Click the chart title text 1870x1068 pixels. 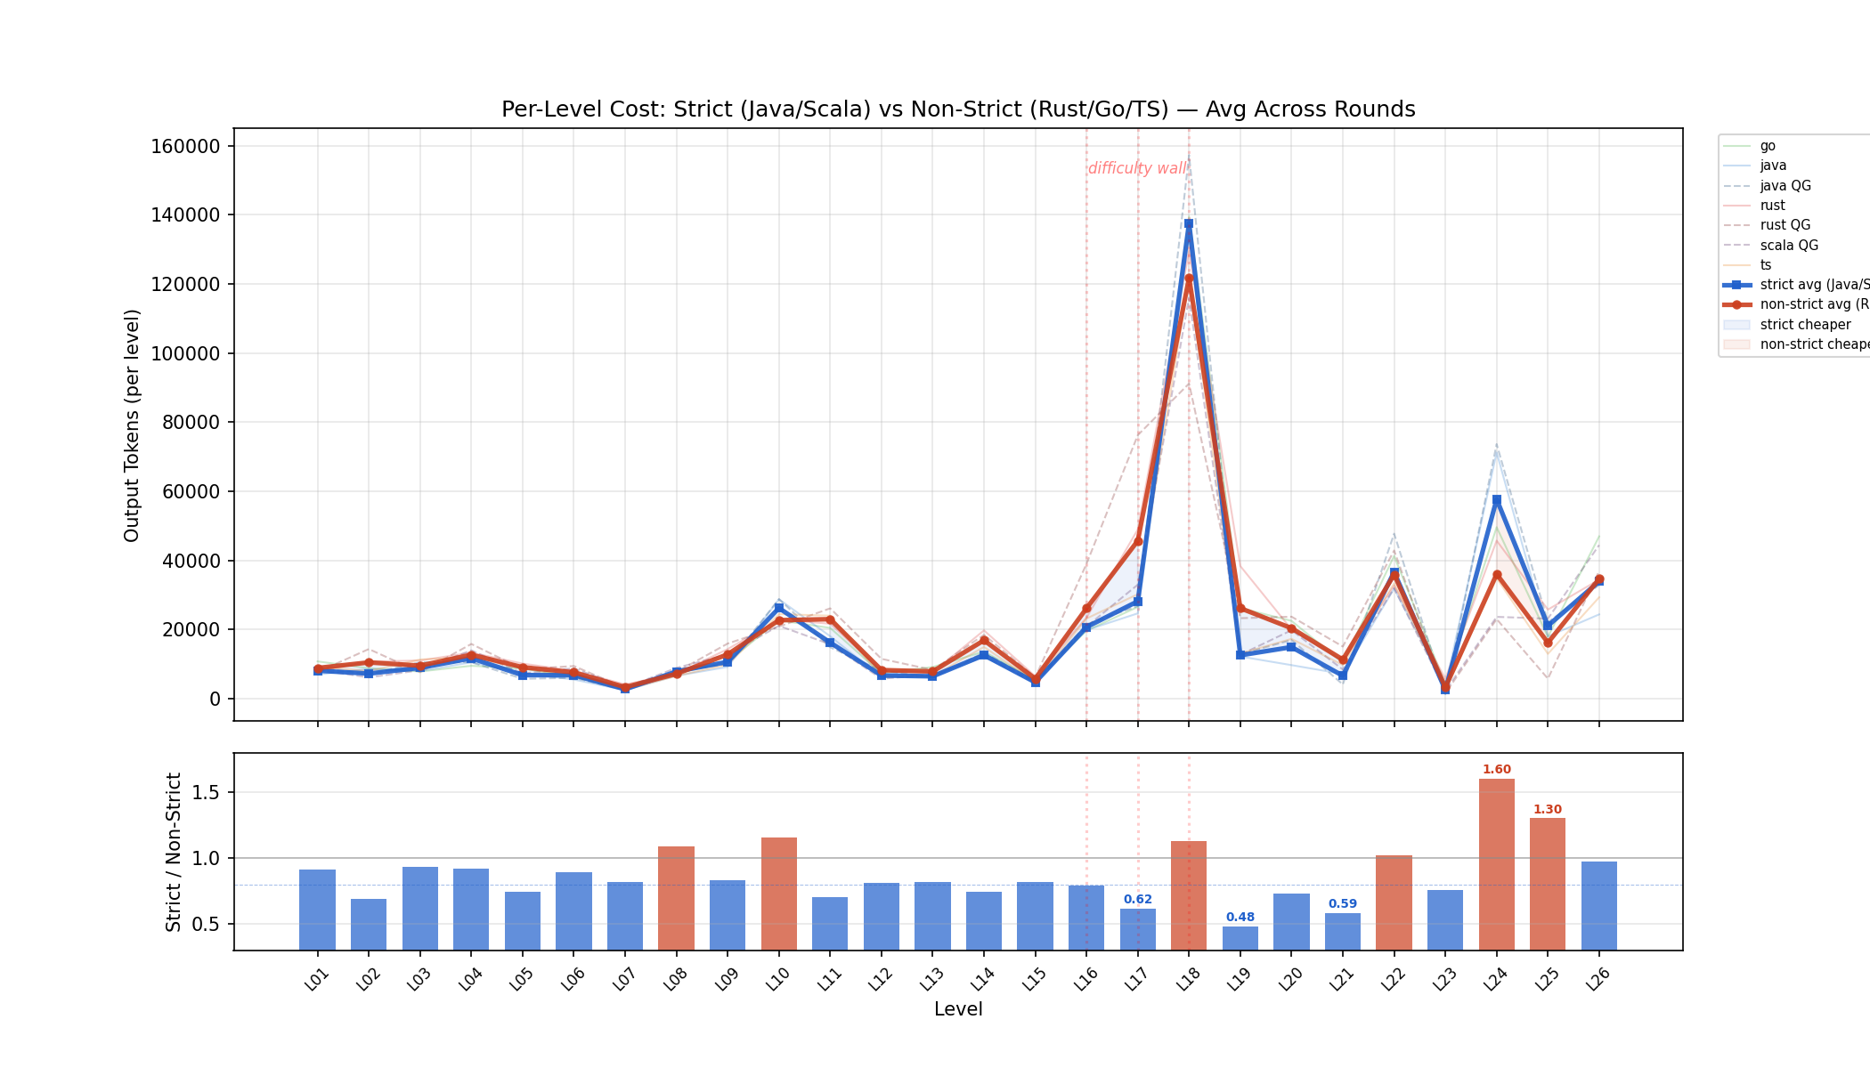(958, 109)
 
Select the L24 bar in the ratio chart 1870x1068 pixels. (1496, 863)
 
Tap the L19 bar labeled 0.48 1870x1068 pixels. (1240, 938)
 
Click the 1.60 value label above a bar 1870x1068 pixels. (1496, 770)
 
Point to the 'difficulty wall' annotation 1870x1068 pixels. (1137, 168)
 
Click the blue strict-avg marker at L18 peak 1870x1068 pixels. (1189, 224)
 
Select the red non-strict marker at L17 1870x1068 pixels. (1137, 541)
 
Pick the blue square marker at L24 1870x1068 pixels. (1497, 500)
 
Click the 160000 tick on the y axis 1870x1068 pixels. (190, 146)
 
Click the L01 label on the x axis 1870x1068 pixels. (316, 980)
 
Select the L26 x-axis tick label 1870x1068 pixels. (1598, 980)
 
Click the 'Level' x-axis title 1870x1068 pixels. (958, 1009)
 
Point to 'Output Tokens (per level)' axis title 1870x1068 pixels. (132, 425)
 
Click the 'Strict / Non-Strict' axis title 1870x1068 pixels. (174, 852)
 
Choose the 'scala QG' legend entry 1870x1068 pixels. (1788, 246)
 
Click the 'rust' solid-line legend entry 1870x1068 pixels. (1772, 206)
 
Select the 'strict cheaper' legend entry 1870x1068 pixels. (1805, 325)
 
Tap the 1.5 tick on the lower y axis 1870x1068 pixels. (206, 792)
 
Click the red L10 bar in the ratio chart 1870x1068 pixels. (778, 894)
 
